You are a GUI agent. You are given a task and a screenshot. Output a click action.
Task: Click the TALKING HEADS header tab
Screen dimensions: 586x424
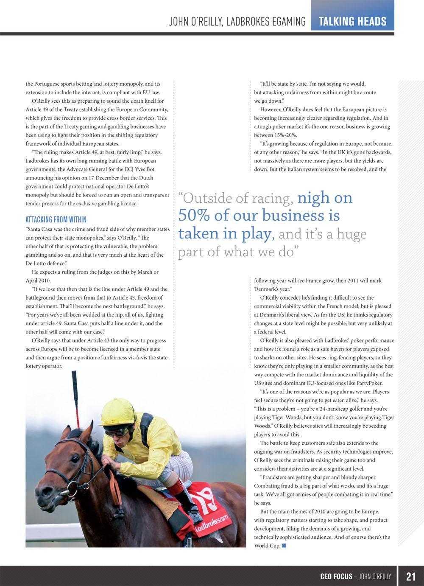coord(352,21)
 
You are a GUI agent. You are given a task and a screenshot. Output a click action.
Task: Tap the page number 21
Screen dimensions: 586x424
coord(410,576)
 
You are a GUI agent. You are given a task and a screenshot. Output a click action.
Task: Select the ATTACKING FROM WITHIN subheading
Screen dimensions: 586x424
coord(56,219)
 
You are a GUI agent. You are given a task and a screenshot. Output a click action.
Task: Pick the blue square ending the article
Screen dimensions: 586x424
coord(284,546)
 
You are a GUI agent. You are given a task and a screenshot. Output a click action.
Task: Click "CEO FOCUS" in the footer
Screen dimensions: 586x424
coord(336,576)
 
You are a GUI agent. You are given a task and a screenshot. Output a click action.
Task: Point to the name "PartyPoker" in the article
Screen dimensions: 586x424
coord(370,383)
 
